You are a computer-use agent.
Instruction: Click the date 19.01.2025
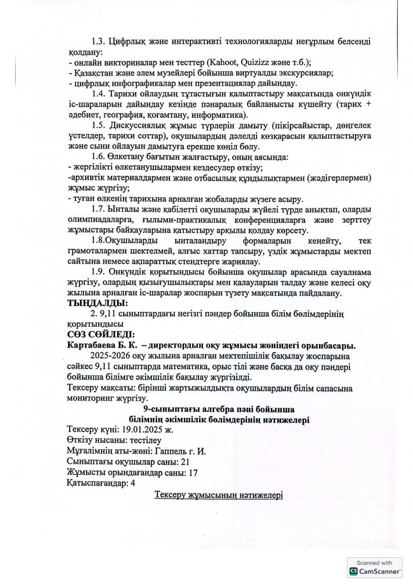click(143, 430)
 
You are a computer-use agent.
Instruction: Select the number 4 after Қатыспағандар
click(133, 483)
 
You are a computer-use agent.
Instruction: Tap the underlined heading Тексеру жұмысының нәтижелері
click(218, 495)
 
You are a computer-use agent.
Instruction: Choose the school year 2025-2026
click(113, 355)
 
